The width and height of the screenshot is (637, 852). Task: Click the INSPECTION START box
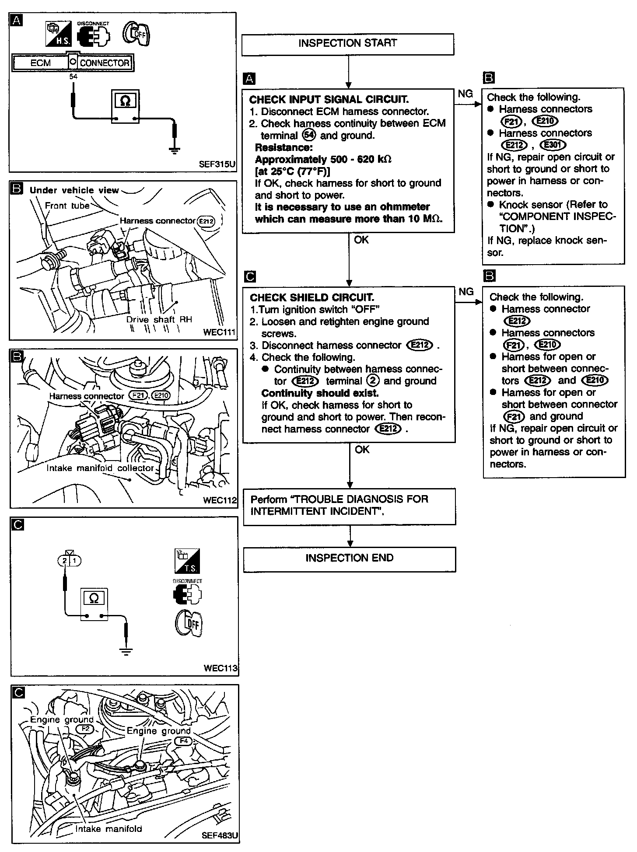pyautogui.click(x=348, y=44)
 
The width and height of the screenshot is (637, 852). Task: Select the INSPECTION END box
pyautogui.click(x=350, y=559)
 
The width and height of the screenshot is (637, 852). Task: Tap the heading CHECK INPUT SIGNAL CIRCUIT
pyautogui.click(x=329, y=100)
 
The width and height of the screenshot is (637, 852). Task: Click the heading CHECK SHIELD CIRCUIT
pyautogui.click(x=312, y=298)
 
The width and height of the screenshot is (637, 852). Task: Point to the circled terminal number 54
pyautogui.click(x=309, y=135)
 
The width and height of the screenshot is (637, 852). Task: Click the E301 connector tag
pyautogui.click(x=553, y=145)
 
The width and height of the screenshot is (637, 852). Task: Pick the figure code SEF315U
pyautogui.click(x=217, y=164)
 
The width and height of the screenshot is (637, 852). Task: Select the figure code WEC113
pyautogui.click(x=220, y=668)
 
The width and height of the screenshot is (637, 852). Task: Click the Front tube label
pyautogui.click(x=67, y=206)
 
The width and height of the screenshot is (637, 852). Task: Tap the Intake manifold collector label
pyautogui.click(x=100, y=468)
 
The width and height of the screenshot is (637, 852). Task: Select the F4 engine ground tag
pyautogui.click(x=183, y=741)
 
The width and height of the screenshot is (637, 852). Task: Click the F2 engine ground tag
pyautogui.click(x=85, y=729)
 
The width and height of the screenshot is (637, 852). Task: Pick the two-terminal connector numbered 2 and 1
pyautogui.click(x=70, y=560)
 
